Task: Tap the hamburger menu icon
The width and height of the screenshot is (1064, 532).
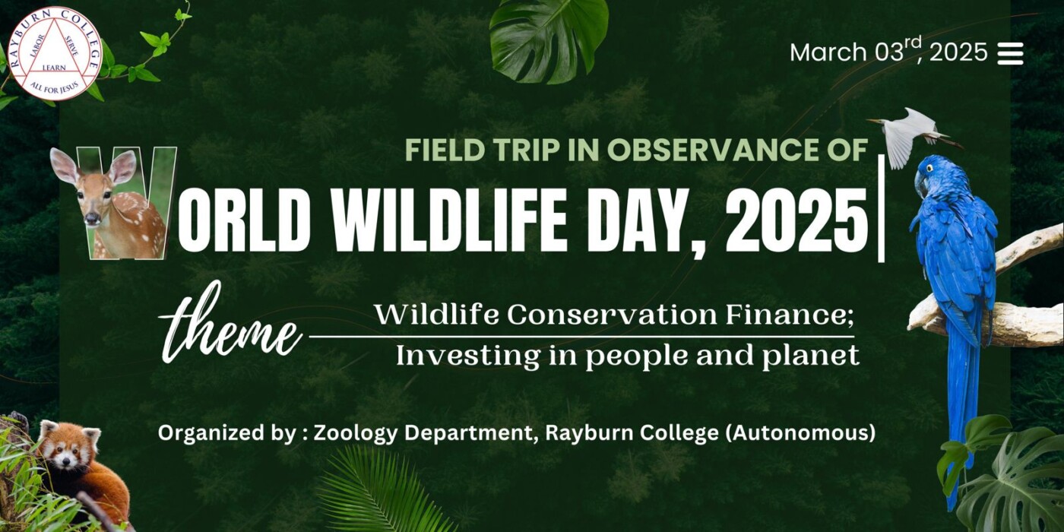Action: [x=1010, y=54]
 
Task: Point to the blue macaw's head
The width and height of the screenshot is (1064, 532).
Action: [x=932, y=175]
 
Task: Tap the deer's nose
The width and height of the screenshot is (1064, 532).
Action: [x=92, y=219]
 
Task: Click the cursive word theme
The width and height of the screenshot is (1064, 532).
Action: [x=231, y=324]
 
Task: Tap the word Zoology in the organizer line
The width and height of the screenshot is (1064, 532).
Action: [x=355, y=434]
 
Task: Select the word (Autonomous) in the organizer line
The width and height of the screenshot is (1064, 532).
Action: [x=801, y=434]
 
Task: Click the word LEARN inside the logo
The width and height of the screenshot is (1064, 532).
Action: [x=54, y=68]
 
